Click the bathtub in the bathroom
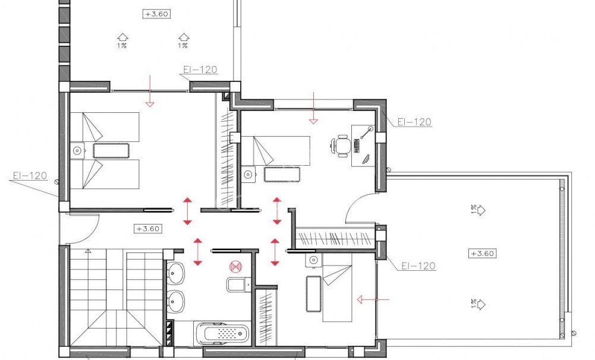[x=221, y=333]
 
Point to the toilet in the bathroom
[x=237, y=285]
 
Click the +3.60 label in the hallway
[x=149, y=228]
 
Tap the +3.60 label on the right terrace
[x=483, y=253]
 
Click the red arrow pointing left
[x=372, y=300]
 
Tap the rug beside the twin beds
[x=111, y=150]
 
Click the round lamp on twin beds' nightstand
[x=77, y=151]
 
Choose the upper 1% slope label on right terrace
[x=477, y=210]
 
